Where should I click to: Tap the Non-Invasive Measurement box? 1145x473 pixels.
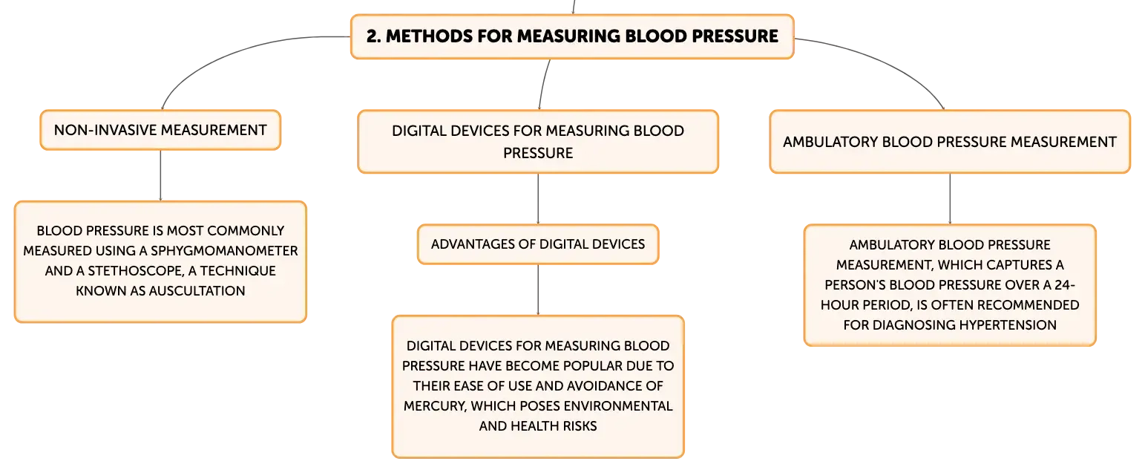pyautogui.click(x=160, y=130)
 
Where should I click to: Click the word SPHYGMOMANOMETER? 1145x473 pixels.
pyautogui.click(x=224, y=250)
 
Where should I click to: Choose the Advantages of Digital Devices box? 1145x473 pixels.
pyautogui.click(x=538, y=244)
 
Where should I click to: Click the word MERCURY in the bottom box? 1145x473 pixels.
pyautogui.click(x=435, y=406)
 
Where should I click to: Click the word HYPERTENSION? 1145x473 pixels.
pyautogui.click(x=1008, y=324)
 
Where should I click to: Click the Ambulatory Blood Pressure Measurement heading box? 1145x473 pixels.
pyautogui.click(x=950, y=142)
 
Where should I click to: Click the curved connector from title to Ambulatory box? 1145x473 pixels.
pyautogui.click(x=885, y=62)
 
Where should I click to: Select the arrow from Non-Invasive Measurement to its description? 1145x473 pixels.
pyautogui.click(x=160, y=175)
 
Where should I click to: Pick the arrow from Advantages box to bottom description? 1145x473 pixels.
pyautogui.click(x=538, y=290)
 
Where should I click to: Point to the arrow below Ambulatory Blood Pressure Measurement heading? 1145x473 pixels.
pyautogui.click(x=950, y=199)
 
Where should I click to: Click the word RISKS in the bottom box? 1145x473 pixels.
pyautogui.click(x=580, y=426)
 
